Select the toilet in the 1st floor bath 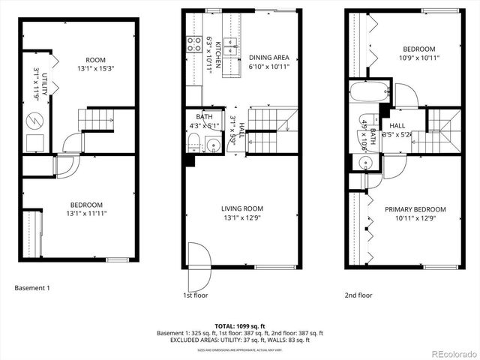194,145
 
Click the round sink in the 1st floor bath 213,145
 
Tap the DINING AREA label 268,56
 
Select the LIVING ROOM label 241,208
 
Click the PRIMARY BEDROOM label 415,209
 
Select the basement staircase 96,118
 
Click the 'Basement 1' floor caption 32,287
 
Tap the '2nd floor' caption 358,295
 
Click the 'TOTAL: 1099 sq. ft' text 240,325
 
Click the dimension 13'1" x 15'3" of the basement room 95,70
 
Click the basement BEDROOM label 88,205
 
